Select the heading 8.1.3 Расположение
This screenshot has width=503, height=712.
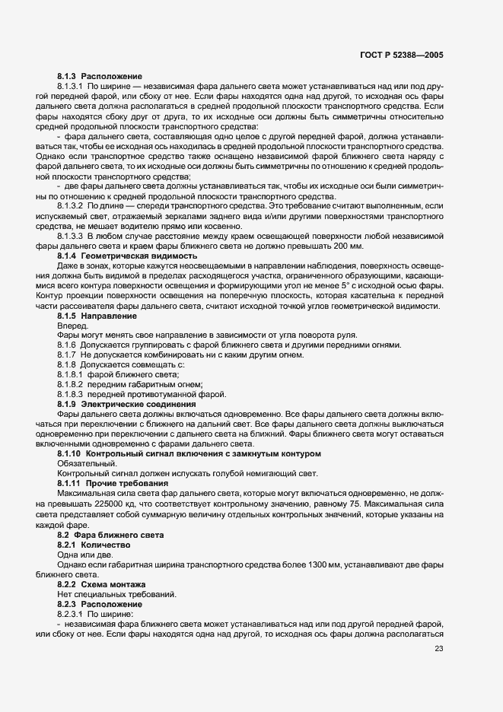[x=89, y=78]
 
